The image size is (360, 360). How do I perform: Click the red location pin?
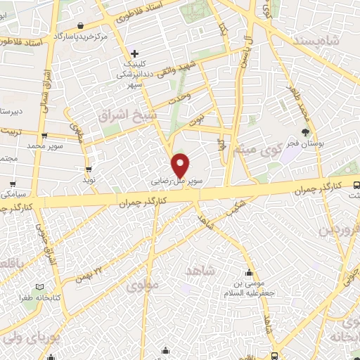(x=181, y=165)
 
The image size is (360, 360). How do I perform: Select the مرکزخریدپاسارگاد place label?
(x=84, y=35)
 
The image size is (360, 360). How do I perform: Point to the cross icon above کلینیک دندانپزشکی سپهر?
(x=135, y=53)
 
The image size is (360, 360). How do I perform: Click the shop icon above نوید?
(x=90, y=169)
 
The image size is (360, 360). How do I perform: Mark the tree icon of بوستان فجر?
(x=305, y=131)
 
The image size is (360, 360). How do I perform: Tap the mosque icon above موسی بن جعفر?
(x=248, y=274)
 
